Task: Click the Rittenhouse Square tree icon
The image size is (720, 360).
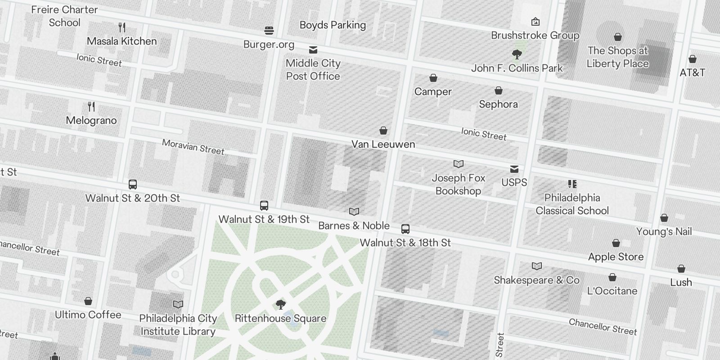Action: pyautogui.click(x=281, y=305)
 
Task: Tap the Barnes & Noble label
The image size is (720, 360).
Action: pyautogui.click(x=354, y=225)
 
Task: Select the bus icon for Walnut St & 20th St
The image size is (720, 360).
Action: pyautogui.click(x=133, y=184)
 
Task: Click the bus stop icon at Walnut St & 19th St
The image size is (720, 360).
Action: pyautogui.click(x=264, y=206)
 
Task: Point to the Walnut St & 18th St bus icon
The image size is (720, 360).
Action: pyautogui.click(x=405, y=229)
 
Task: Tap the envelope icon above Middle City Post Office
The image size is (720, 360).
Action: pyautogui.click(x=313, y=49)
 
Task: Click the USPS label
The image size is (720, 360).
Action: pyautogui.click(x=514, y=182)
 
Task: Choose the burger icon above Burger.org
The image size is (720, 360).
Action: pyautogui.click(x=269, y=31)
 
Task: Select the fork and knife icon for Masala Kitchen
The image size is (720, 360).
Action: pyautogui.click(x=122, y=27)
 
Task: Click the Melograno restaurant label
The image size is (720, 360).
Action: pyautogui.click(x=91, y=121)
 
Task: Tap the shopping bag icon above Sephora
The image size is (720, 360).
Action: pyautogui.click(x=499, y=91)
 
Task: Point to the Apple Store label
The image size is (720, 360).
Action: pyautogui.click(x=616, y=257)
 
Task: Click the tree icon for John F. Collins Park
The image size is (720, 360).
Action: pyautogui.click(x=517, y=55)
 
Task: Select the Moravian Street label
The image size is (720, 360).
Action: pyautogui.click(x=193, y=147)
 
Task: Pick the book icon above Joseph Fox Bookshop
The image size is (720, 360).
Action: pyautogui.click(x=459, y=164)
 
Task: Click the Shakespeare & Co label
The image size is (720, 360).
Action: pyautogui.click(x=537, y=280)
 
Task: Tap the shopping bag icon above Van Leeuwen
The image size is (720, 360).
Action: pyautogui.click(x=383, y=130)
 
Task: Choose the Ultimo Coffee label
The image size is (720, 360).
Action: pyautogui.click(x=88, y=315)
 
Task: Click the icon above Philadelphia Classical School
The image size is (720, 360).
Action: pyautogui.click(x=572, y=184)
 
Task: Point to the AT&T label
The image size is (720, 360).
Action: pyautogui.click(x=693, y=72)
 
